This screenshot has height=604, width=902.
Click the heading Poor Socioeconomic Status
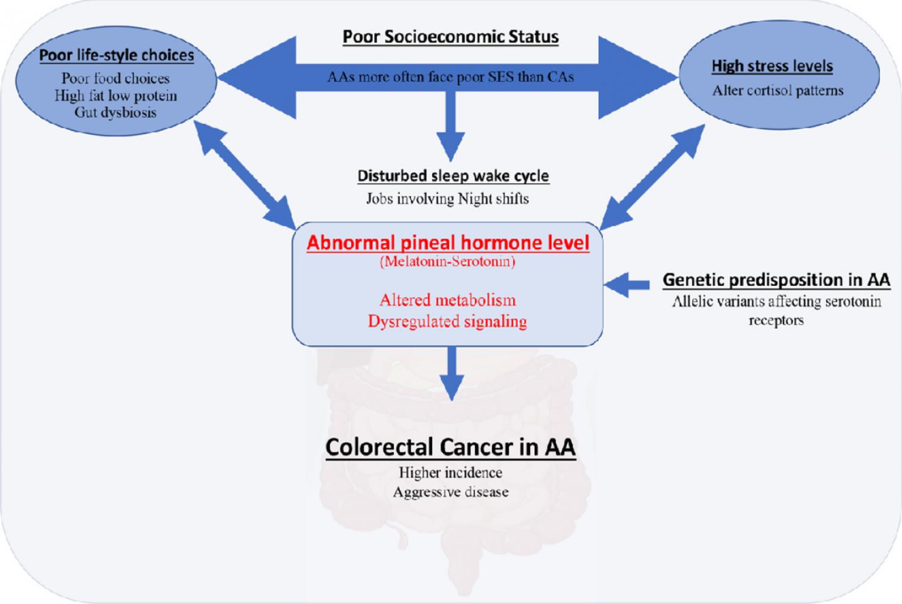coord(450,37)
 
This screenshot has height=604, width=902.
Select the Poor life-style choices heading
coord(116,55)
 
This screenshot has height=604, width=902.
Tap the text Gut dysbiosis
coord(115,112)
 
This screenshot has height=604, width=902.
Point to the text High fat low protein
coord(115,96)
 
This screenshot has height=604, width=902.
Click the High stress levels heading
coord(772,66)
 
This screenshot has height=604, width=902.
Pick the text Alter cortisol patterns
coord(778,91)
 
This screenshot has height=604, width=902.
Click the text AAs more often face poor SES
coord(450,77)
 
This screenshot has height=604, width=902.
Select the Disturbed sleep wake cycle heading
coord(453,176)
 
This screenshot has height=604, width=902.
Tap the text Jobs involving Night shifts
coord(447,199)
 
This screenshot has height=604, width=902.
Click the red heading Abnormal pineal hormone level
coord(448,242)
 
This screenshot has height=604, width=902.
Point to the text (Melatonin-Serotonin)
coord(447,262)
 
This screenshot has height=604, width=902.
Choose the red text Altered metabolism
coord(447,300)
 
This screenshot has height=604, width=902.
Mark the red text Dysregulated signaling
coord(447,321)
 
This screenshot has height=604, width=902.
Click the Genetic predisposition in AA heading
coord(776,280)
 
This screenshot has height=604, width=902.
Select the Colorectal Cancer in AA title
coord(450,447)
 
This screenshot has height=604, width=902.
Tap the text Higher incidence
coord(450,473)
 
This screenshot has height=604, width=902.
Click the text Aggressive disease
coord(450,492)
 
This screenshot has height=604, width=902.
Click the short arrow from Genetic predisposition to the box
coord(627,285)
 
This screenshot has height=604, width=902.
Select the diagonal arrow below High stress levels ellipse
coord(652,177)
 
